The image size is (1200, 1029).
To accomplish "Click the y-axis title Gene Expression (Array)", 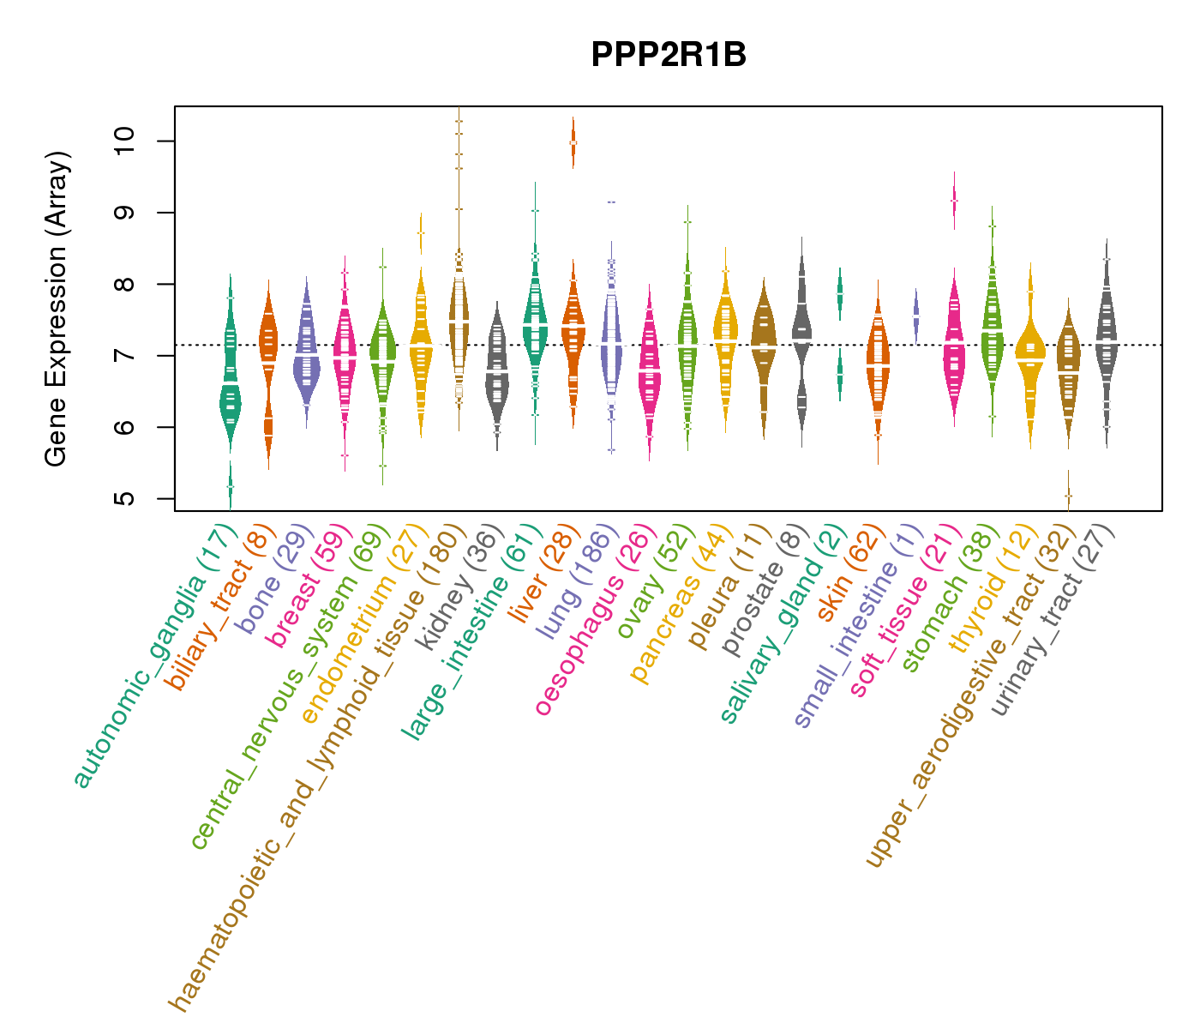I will point(57,309).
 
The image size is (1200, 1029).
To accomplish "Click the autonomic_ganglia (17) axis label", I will point(150,656).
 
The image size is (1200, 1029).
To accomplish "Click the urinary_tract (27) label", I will point(1054,622).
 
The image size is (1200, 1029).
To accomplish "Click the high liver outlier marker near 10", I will point(573,142).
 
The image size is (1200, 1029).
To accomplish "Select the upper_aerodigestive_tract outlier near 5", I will point(1068,496).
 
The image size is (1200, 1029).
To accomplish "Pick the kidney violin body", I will point(496,369).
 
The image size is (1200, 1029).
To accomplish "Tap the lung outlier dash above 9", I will point(611,202).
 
